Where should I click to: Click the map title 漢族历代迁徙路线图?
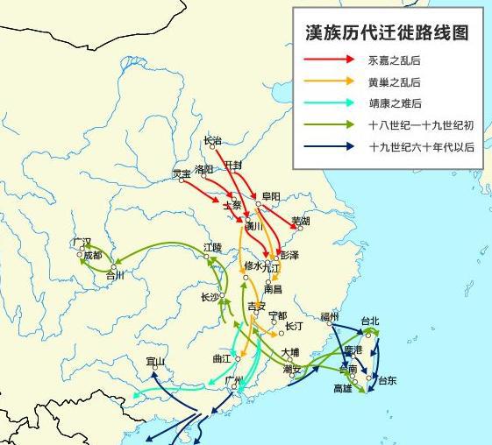click(x=386, y=32)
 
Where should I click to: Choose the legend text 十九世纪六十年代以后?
click(x=422, y=146)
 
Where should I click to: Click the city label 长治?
click(x=212, y=140)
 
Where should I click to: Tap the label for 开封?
click(x=233, y=164)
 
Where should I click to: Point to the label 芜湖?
click(x=301, y=220)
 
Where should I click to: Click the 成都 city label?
click(x=92, y=255)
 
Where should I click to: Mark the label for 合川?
click(x=115, y=275)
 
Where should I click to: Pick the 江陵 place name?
click(x=212, y=248)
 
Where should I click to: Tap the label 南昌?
click(x=273, y=288)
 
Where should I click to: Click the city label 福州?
click(x=330, y=315)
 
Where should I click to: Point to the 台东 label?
click(x=387, y=379)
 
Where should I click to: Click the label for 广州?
click(x=233, y=380)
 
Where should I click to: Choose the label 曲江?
click(x=222, y=358)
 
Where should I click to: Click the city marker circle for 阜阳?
click(x=258, y=204)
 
